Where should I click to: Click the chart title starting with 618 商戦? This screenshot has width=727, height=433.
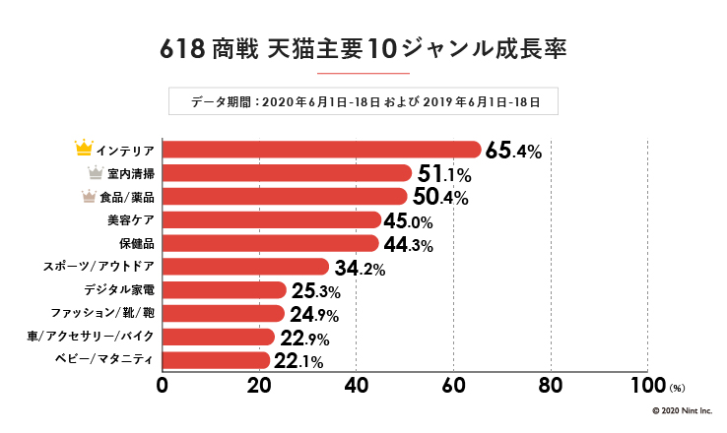pyautogui.click(x=363, y=49)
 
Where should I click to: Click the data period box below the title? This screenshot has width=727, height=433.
pyautogui.click(x=363, y=100)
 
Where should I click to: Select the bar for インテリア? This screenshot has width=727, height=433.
pyautogui.click(x=320, y=150)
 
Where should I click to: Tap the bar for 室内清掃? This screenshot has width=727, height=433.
pyautogui.click(x=286, y=173)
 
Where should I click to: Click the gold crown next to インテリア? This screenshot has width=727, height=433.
pyautogui.click(x=84, y=150)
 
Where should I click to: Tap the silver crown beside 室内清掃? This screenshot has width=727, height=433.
pyautogui.click(x=96, y=173)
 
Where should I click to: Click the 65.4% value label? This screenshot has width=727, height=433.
pyautogui.click(x=513, y=151)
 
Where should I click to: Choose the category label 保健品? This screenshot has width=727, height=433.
pyautogui.click(x=136, y=243)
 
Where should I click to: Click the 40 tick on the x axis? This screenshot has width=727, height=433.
pyautogui.click(x=357, y=385)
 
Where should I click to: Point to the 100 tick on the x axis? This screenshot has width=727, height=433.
pyautogui.click(x=647, y=385)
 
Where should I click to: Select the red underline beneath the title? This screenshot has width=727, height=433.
pyautogui.click(x=363, y=73)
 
